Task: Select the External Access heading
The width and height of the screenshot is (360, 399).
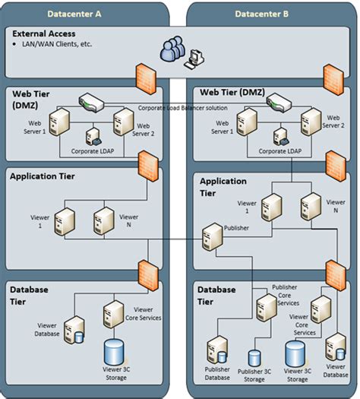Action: pos(45,35)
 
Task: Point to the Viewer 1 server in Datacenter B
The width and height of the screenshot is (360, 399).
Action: pos(271,207)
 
